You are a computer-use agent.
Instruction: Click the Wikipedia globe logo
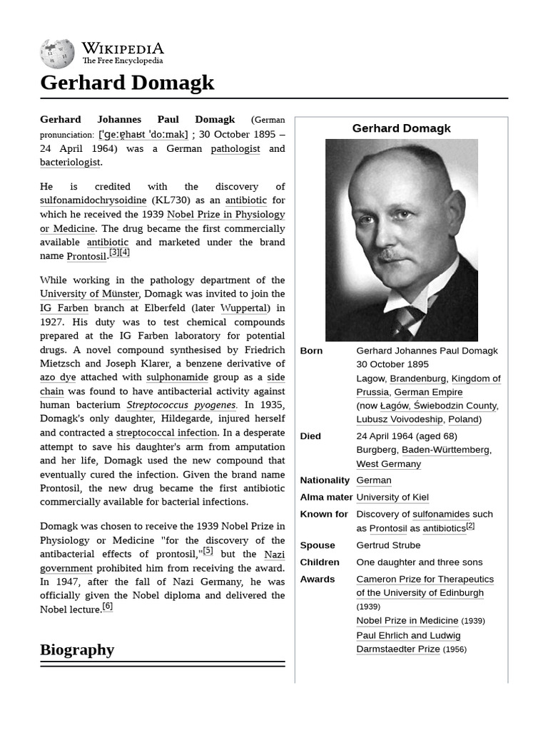point(57,53)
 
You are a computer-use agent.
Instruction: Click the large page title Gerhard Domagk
point(127,83)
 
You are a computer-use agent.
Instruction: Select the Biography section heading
point(77,649)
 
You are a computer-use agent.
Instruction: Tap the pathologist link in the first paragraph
point(235,148)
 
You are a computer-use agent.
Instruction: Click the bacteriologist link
point(70,163)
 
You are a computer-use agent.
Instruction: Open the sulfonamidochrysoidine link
point(93,200)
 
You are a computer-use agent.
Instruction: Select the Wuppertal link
point(245,308)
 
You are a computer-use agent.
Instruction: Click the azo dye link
point(58,377)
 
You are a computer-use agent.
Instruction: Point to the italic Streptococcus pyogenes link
point(181,405)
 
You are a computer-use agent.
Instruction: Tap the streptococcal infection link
point(167,433)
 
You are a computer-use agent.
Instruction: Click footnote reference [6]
point(107,607)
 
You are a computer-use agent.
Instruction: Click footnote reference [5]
point(208,551)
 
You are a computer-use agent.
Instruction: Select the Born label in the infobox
point(311,351)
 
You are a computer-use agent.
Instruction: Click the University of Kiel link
point(392,497)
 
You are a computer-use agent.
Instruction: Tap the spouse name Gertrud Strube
point(388,545)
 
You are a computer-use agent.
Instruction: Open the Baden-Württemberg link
point(445,450)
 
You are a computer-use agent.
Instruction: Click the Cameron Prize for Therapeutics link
point(425,579)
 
